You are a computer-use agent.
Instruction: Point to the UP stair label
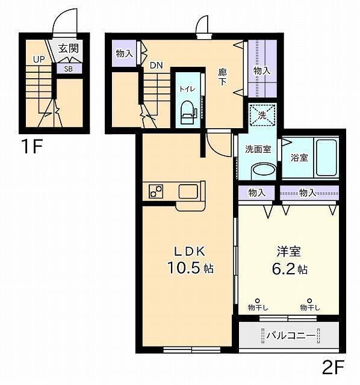pos(39,59)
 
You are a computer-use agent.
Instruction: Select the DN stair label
pos(156,65)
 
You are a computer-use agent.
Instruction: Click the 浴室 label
pos(299,158)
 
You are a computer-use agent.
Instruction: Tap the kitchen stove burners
pos(156,191)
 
